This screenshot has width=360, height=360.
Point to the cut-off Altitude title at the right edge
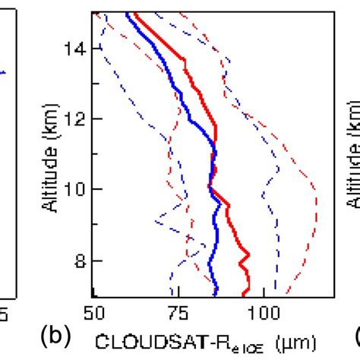(x=353, y=151)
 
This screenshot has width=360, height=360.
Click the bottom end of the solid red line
(x=243, y=295)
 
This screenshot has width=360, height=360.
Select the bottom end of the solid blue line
(x=216, y=295)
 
